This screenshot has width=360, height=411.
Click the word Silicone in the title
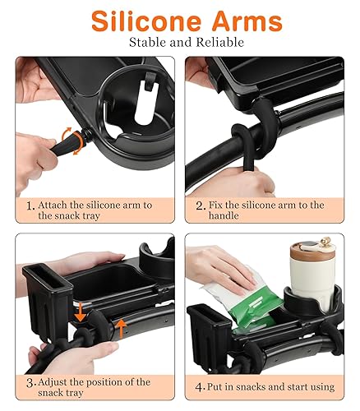[138, 21]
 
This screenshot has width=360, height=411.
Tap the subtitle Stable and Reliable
[180, 44]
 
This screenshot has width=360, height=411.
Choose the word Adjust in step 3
[53, 381]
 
